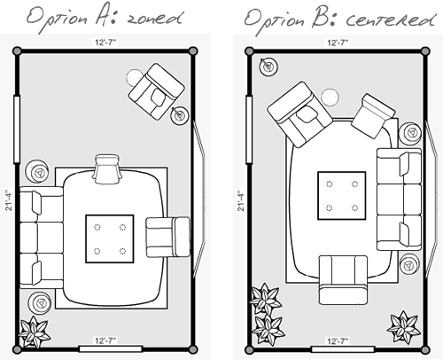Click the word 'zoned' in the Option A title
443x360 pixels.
(x=154, y=19)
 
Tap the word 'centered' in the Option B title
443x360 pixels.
(x=391, y=20)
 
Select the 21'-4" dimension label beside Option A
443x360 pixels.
(x=9, y=200)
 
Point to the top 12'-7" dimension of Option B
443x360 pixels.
(x=338, y=43)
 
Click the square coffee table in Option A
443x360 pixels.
(x=110, y=239)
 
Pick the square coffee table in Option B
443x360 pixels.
(x=342, y=195)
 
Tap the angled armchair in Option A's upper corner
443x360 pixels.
(x=156, y=91)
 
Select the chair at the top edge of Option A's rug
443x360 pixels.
(x=106, y=169)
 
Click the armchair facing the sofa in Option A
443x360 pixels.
(x=168, y=237)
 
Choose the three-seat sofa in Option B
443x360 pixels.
(x=399, y=200)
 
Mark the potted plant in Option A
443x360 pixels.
(x=35, y=332)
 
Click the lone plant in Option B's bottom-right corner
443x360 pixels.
(x=404, y=326)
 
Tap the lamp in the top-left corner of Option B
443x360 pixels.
(x=268, y=67)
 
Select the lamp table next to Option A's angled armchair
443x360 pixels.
(x=180, y=115)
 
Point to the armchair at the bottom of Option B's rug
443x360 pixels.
(x=343, y=280)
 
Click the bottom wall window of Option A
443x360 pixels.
(x=111, y=349)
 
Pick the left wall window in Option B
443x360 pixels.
(x=249, y=129)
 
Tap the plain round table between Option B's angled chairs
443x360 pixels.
(x=330, y=97)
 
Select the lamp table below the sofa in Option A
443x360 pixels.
(x=39, y=302)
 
